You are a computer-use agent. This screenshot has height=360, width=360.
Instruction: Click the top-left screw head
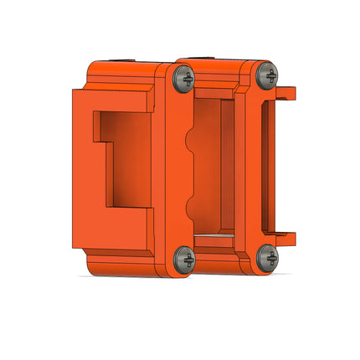(184, 80)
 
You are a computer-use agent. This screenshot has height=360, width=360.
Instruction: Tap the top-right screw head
(267, 75)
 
